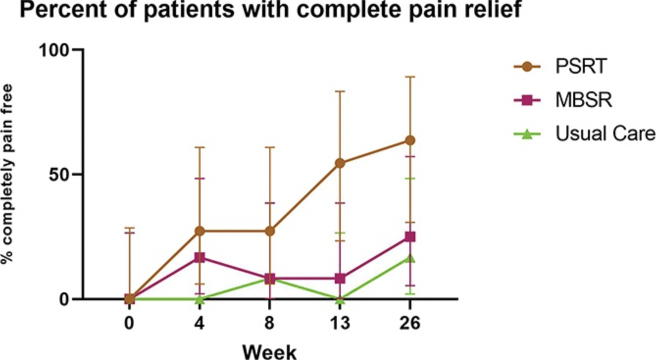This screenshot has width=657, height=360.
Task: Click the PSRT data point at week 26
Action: coord(410,141)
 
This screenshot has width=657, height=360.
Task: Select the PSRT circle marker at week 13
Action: coord(340,163)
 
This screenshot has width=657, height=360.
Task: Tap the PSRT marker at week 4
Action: coord(200,231)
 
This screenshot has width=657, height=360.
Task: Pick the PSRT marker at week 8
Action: coord(270,231)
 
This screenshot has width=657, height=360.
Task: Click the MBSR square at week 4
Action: coord(200,257)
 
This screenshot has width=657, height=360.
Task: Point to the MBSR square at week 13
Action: coord(340,279)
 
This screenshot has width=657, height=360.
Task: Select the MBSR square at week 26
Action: coord(410,237)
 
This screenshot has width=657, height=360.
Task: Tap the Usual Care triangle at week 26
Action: coord(410,258)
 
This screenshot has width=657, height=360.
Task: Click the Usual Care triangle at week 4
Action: coord(200,299)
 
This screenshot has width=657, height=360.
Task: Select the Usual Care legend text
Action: coord(606,133)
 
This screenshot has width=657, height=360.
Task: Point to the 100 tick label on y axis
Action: coord(55,51)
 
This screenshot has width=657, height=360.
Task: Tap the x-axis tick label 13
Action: coord(340,324)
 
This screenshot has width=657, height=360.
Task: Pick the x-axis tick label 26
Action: coord(410,324)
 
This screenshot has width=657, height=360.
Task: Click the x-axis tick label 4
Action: coord(200,324)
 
